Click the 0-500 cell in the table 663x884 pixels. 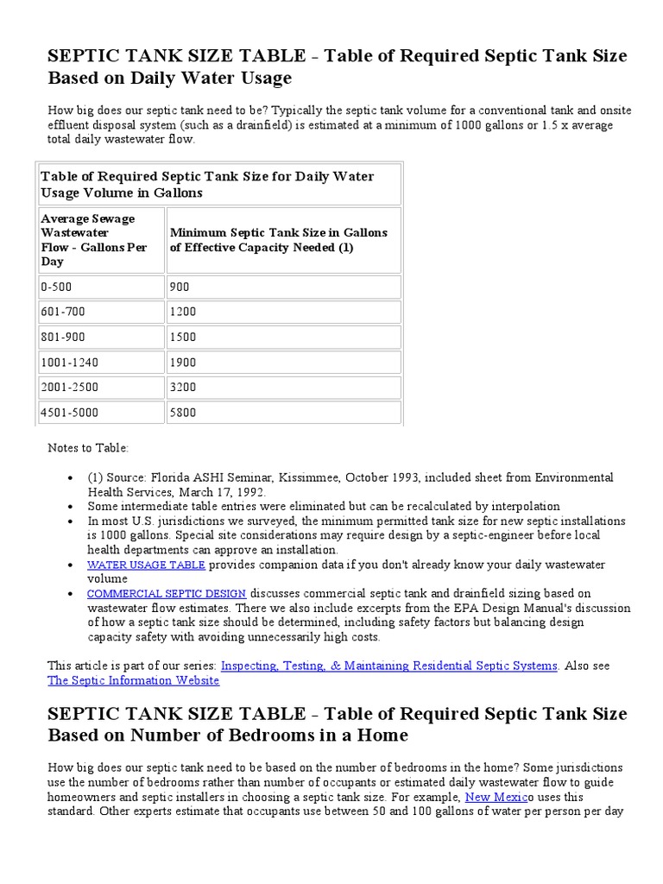coord(101,287)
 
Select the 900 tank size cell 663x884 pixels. coord(283,287)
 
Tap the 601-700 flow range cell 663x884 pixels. coord(101,312)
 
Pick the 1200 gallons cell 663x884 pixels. coord(283,312)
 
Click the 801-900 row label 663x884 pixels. coord(101,337)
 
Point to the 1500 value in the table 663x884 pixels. coord(283,337)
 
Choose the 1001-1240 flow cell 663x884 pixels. coord(101,363)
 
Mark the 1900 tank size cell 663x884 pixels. coord(283,363)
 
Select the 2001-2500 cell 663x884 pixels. coord(101,388)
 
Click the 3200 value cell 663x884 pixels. coord(283,388)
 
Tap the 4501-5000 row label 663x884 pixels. coord(101,413)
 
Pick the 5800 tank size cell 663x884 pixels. coord(283,413)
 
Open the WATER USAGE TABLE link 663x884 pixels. coord(146,565)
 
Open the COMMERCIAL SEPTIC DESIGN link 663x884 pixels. coord(167,593)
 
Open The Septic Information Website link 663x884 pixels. coord(133,680)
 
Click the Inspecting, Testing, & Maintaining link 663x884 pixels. coord(389,666)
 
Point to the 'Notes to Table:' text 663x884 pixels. coord(87,448)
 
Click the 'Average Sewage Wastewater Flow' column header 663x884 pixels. coord(94,240)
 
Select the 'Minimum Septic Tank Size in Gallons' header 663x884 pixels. coord(279,240)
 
